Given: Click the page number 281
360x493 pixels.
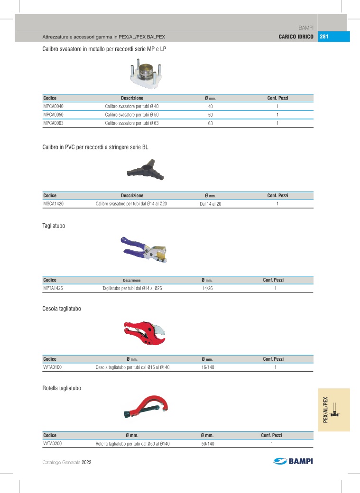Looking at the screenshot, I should tap(325, 37).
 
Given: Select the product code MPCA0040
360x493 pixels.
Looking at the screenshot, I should tap(53, 107).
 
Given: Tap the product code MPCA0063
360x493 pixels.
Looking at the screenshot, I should tap(53, 123).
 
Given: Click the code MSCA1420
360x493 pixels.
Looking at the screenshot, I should tap(53, 204).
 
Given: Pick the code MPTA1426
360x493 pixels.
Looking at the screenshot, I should tap(53, 288).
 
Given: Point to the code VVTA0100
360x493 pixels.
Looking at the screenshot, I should tap(53, 367).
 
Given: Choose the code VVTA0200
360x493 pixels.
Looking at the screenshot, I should tap(53, 444).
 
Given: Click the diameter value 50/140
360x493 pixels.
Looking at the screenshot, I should tap(207, 444).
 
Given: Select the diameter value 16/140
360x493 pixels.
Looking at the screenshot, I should tap(207, 367).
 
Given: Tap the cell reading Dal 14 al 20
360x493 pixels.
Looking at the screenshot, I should tap(210, 204).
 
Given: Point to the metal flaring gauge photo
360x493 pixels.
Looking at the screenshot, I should tap(143, 73).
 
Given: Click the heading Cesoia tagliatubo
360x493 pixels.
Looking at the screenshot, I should tap(62, 309).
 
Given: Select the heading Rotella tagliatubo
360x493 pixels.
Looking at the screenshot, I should tap(62, 388).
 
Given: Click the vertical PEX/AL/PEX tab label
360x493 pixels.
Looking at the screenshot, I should tap(325, 410).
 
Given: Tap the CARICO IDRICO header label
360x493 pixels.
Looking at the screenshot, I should tap(296, 37).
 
